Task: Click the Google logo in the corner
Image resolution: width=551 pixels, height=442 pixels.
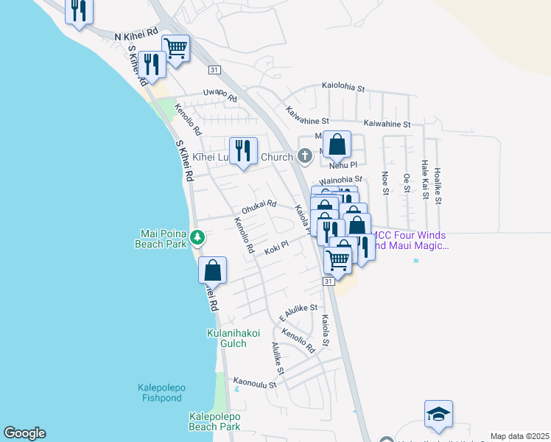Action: click(x=24, y=433)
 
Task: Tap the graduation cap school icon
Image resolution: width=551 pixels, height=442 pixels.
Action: click(x=438, y=415)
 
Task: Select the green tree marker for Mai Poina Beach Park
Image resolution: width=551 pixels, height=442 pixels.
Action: click(x=197, y=237)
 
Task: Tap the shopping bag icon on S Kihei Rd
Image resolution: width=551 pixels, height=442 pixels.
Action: click(x=212, y=269)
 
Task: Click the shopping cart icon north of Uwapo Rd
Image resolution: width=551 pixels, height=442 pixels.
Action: click(x=175, y=49)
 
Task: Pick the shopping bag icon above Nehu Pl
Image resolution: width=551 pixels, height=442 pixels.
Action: click(x=337, y=144)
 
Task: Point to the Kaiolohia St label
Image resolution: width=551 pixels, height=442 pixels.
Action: click(x=343, y=88)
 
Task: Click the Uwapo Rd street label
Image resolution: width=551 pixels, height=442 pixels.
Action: click(x=220, y=96)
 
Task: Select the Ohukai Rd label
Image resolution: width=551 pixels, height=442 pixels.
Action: click(x=259, y=204)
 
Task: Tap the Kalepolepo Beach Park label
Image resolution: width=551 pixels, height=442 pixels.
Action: click(x=214, y=421)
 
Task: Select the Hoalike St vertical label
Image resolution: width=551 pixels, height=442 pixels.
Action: click(x=438, y=183)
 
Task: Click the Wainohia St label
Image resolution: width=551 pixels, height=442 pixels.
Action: click(x=341, y=179)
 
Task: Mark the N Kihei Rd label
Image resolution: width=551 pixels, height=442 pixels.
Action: click(x=136, y=35)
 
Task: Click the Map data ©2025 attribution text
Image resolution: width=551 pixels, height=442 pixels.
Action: click(x=519, y=436)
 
